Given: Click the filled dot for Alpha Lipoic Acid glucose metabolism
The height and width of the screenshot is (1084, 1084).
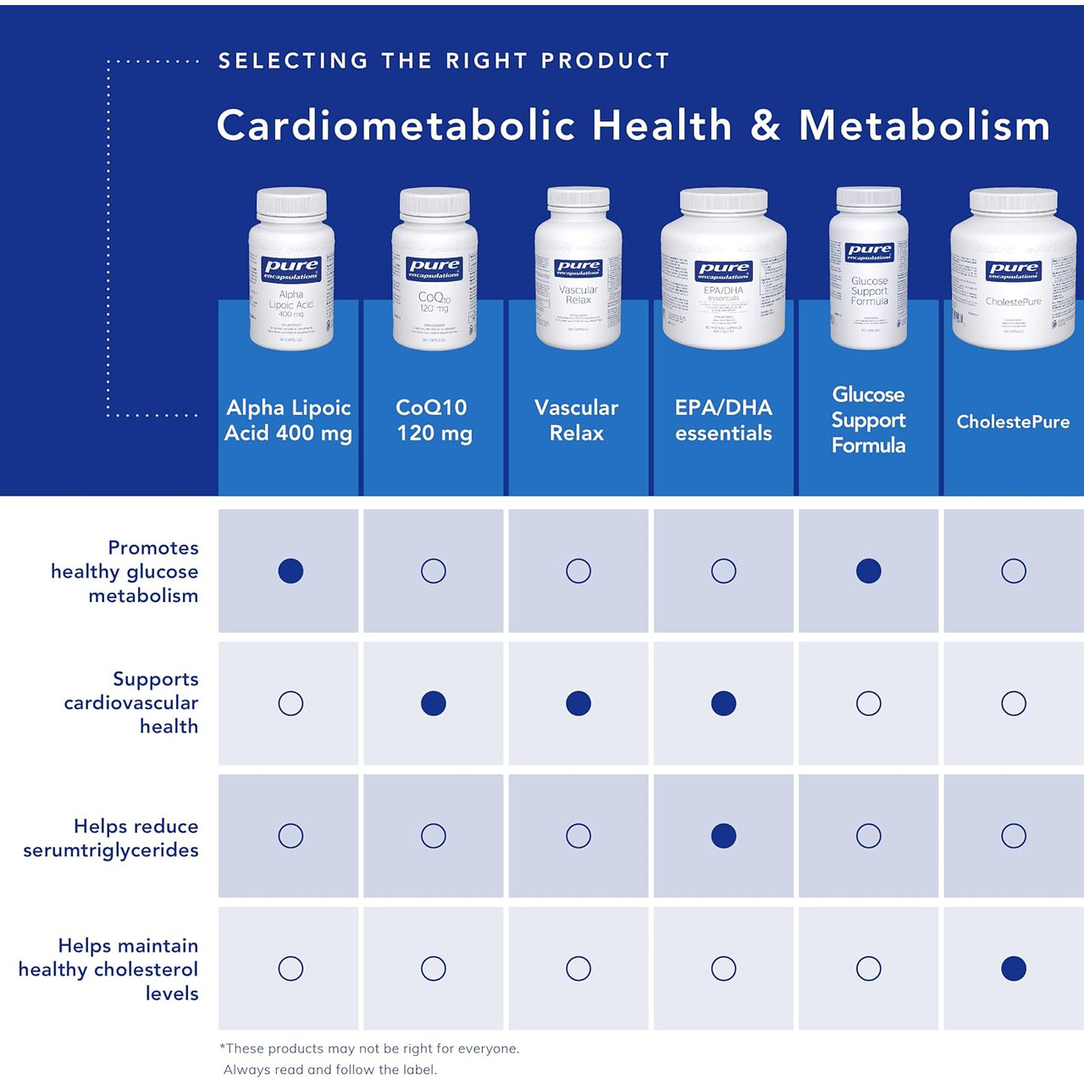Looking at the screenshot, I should pos(290,571).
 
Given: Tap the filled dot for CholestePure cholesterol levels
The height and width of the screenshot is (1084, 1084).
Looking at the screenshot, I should pos(1013,968).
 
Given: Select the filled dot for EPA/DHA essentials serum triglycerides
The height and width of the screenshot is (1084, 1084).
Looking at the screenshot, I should pos(723,836).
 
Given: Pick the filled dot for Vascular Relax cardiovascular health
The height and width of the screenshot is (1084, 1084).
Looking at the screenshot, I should pos(578,703).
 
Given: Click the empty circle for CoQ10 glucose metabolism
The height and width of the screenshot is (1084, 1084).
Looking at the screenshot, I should pos(434,571).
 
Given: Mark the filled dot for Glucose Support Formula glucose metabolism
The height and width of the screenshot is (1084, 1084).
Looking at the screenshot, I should pos(868,571).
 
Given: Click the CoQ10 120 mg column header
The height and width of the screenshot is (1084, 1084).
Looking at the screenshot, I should pos(434,420).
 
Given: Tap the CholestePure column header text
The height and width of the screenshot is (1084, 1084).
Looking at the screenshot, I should pos(1013,422).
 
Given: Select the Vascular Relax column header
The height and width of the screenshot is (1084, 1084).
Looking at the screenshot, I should pos(577,420).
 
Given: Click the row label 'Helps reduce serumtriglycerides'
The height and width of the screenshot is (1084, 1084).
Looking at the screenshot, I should pos(111,838).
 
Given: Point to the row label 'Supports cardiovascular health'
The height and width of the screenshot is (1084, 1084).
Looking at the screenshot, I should pos(131,702).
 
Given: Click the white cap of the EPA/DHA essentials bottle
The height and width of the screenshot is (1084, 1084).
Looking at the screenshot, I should pos(723,201).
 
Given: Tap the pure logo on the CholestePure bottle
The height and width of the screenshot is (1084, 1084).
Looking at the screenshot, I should pos(1013,270).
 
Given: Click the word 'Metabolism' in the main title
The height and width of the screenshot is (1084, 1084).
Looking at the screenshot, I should pos(924,126).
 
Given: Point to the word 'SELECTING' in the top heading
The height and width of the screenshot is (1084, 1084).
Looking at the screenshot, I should pos(293,61).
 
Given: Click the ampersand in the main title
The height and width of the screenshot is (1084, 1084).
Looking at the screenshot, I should pos(765,126).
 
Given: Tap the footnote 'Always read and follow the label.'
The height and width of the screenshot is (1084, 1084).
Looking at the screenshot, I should pos(330,1070).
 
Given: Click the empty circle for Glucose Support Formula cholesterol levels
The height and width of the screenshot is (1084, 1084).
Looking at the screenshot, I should pos(868,968).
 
